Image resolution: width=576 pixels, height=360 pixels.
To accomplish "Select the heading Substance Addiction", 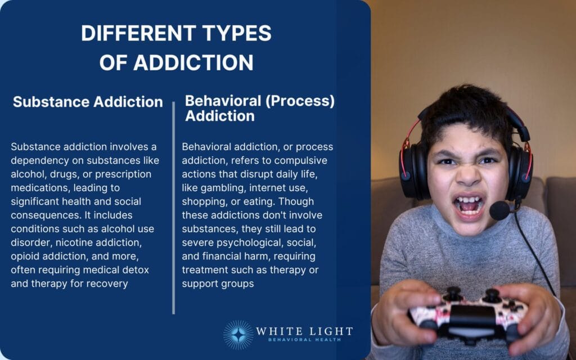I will coord(88,102).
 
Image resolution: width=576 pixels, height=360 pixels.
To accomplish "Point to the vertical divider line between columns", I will coord(173,208).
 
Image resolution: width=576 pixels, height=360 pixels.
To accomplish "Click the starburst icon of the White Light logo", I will coord(237,335).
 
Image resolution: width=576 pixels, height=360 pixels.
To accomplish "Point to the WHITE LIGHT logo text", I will coord(304,331).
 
